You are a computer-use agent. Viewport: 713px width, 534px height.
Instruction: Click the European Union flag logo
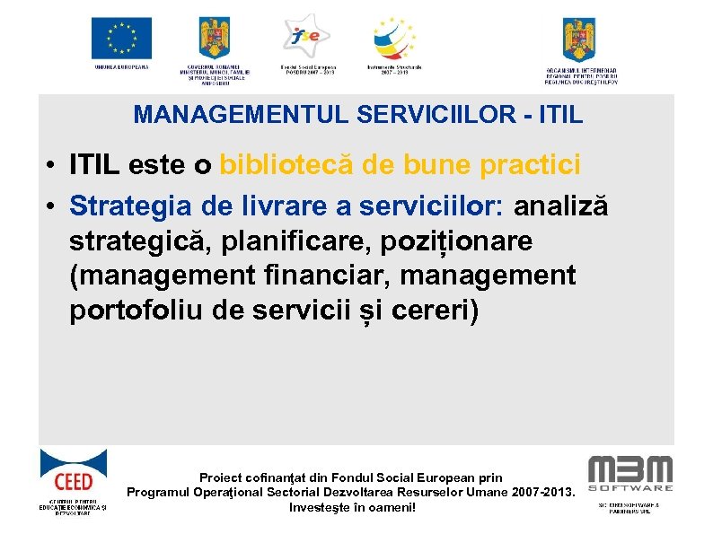[121, 39]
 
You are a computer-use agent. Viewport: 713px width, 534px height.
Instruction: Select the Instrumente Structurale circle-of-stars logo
[395, 39]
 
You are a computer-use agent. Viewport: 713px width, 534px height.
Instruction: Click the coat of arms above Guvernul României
[215, 38]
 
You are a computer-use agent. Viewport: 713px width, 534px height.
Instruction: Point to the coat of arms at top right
[579, 39]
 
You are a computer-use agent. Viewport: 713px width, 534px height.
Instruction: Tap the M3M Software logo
[629, 474]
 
